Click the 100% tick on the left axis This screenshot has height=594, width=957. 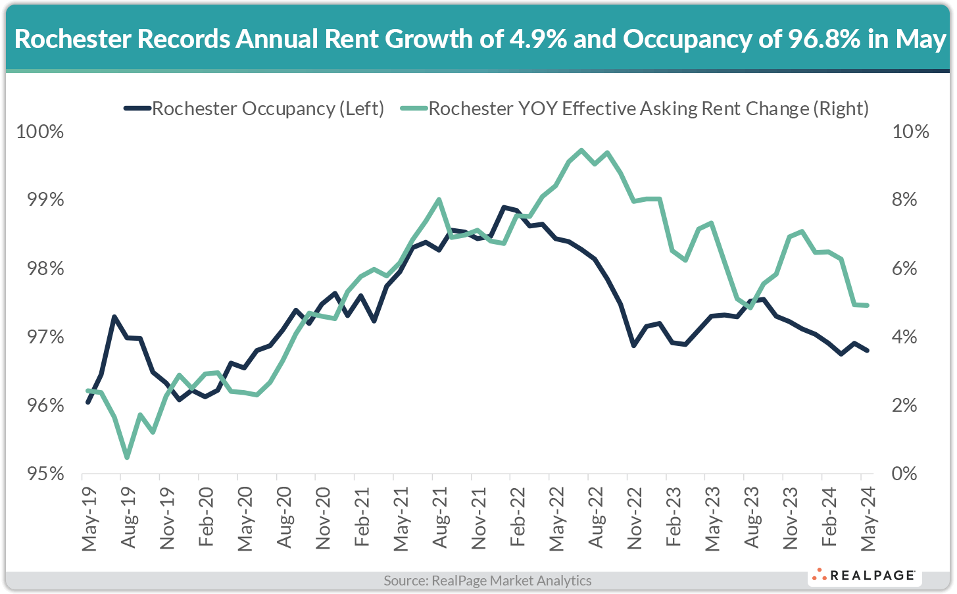tap(40, 132)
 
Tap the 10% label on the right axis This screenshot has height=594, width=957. tap(910, 132)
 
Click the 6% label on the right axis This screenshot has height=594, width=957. tap(904, 268)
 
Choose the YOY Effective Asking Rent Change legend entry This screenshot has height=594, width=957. tap(648, 109)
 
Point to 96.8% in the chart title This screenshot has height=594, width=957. tap(822, 39)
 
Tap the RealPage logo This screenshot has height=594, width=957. tap(864, 576)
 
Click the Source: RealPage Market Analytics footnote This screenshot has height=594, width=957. tap(487, 581)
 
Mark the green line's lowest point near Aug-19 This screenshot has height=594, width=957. tap(127, 458)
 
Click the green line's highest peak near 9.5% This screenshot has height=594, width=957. tap(581, 150)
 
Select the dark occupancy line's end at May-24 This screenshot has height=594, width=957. tap(868, 350)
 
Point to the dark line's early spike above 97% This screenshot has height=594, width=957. tap(114, 317)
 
